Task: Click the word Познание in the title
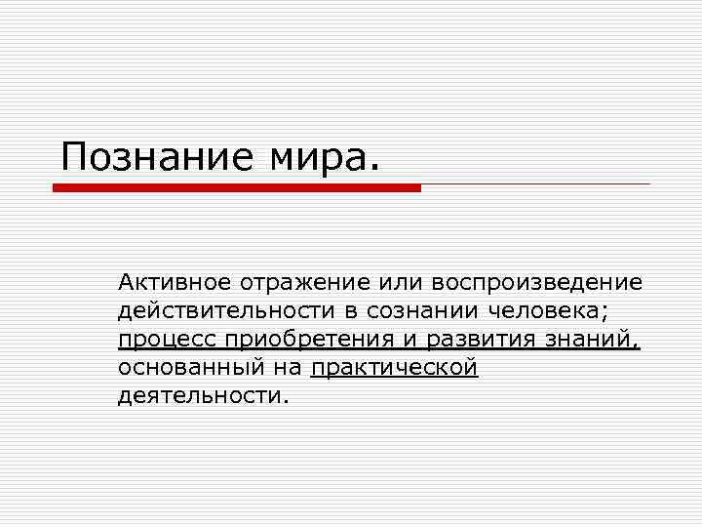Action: (x=145, y=156)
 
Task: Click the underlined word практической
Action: (x=394, y=368)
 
